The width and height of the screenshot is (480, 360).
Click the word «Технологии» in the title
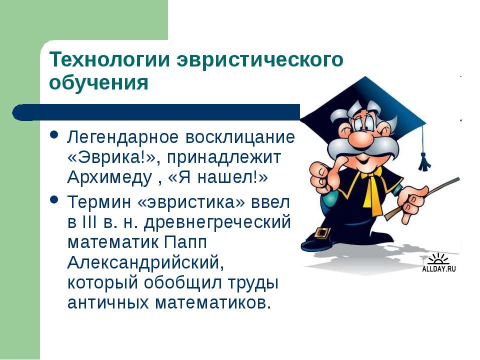[109, 59]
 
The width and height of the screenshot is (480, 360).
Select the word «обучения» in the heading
[99, 82]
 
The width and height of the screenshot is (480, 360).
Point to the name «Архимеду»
[109, 177]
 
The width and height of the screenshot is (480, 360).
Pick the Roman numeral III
[89, 221]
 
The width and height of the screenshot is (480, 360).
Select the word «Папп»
[185, 242]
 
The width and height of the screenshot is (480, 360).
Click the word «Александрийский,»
[145, 262]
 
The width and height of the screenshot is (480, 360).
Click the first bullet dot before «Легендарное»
[54, 135]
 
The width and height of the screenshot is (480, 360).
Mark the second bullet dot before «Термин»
[54, 200]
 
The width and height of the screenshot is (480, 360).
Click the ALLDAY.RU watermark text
[439, 269]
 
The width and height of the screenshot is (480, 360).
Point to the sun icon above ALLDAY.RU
[438, 259]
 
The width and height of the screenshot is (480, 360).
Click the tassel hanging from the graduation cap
[424, 161]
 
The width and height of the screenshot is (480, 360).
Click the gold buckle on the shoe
[322, 233]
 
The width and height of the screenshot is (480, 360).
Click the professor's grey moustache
[363, 147]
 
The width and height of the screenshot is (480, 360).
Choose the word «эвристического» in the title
[260, 59]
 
